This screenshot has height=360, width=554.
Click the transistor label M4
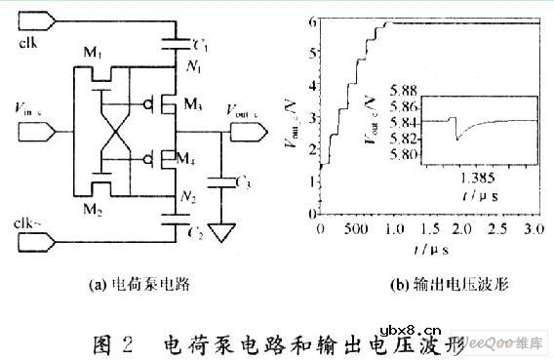click(193, 157)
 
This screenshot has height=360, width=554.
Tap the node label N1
click(190, 68)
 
